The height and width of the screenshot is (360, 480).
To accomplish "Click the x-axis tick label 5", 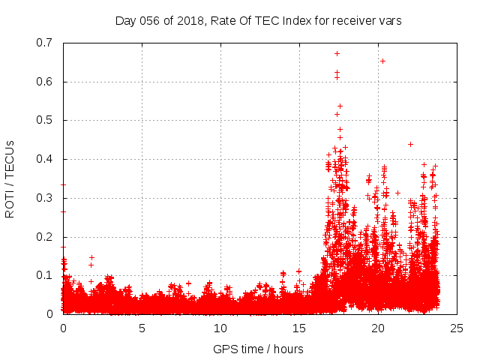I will (x=142, y=328).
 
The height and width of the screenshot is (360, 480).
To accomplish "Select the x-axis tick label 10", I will (x=220, y=328).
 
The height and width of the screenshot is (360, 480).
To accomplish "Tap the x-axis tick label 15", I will (x=299, y=328).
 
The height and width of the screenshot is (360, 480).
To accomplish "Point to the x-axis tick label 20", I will (x=378, y=328).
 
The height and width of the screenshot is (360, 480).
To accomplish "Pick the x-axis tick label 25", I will (x=457, y=328).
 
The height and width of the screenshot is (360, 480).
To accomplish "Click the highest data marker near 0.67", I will (x=337, y=53).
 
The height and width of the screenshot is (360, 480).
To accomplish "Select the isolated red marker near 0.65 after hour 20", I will (x=382, y=61).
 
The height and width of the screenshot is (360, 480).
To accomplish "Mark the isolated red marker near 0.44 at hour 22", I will (x=410, y=144).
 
